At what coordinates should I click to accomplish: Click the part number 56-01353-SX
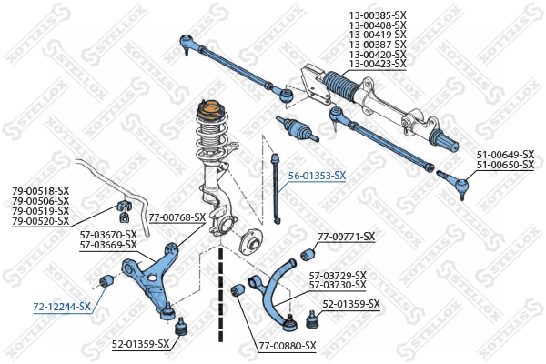(317, 175)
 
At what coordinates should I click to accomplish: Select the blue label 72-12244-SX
(62, 306)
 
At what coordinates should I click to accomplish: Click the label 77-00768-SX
(177, 217)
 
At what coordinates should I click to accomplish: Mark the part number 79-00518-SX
(40, 191)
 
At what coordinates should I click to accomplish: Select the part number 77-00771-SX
(347, 237)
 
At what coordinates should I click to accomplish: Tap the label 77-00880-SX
(287, 345)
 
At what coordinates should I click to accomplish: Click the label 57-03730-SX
(338, 285)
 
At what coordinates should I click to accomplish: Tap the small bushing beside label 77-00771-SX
(307, 253)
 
